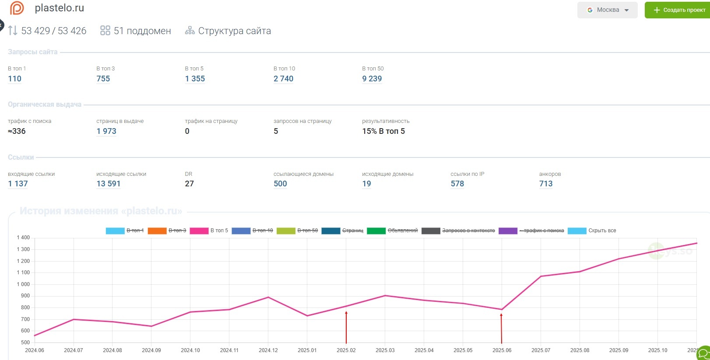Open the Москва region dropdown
click(x=607, y=10)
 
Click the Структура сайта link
click(x=234, y=31)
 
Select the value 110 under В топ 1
click(x=14, y=79)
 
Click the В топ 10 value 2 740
click(x=283, y=79)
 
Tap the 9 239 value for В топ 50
click(x=372, y=79)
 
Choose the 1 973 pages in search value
click(x=106, y=131)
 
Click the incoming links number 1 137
click(x=18, y=184)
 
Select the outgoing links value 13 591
click(x=108, y=184)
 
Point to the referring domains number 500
click(x=280, y=184)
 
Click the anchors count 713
click(x=546, y=184)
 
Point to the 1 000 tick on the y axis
click(x=23, y=284)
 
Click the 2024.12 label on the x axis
click(x=268, y=350)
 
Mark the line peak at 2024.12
click(x=268, y=297)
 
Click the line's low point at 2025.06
click(x=502, y=310)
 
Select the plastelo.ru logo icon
click(x=17, y=8)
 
